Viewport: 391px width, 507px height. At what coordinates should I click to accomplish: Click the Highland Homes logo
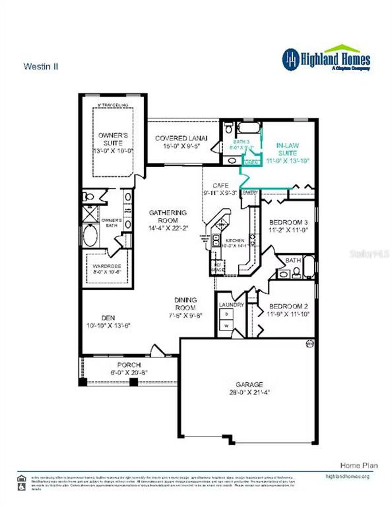click(326, 59)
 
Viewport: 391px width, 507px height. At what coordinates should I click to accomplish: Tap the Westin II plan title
click(41, 66)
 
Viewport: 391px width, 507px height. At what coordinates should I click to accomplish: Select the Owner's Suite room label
click(113, 139)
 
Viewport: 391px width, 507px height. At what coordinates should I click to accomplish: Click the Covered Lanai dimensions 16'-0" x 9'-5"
click(181, 146)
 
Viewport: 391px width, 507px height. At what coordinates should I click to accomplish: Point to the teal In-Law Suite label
click(287, 149)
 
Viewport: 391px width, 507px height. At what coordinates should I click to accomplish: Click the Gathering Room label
click(168, 216)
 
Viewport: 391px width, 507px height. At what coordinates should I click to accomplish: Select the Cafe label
click(221, 185)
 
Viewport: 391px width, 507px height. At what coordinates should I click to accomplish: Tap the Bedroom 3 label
click(288, 222)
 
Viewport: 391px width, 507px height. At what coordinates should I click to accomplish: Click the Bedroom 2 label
click(288, 306)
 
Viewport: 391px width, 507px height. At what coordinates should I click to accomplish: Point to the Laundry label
click(231, 305)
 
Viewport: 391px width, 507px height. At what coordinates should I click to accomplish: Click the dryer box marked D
click(227, 314)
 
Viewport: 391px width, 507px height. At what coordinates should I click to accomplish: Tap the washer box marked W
click(227, 326)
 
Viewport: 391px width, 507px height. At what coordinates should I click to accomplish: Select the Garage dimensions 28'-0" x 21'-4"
click(249, 392)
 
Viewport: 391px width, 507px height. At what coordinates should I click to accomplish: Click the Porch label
click(129, 365)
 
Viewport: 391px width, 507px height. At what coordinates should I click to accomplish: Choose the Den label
click(108, 318)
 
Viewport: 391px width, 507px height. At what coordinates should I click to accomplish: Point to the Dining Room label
click(185, 304)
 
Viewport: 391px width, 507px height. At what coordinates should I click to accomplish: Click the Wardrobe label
click(107, 266)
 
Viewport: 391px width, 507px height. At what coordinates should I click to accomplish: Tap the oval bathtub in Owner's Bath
click(90, 235)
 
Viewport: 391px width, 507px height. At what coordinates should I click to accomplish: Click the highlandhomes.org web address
click(348, 476)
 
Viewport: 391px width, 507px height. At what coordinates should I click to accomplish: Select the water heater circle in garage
click(310, 344)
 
